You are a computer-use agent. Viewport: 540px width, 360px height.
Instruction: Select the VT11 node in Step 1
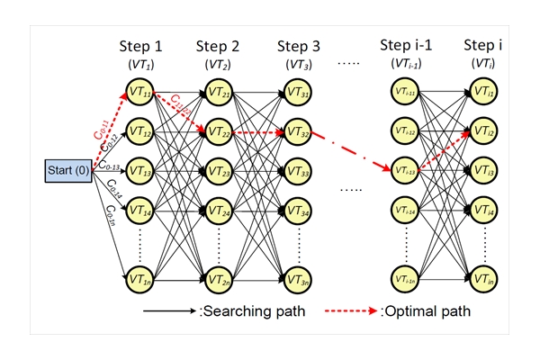[139, 94]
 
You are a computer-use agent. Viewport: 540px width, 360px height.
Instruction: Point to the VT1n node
[139, 277]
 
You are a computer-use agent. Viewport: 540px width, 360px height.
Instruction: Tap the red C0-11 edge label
[102, 128]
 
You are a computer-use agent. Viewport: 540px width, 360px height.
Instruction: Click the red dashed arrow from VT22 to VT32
[258, 132]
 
